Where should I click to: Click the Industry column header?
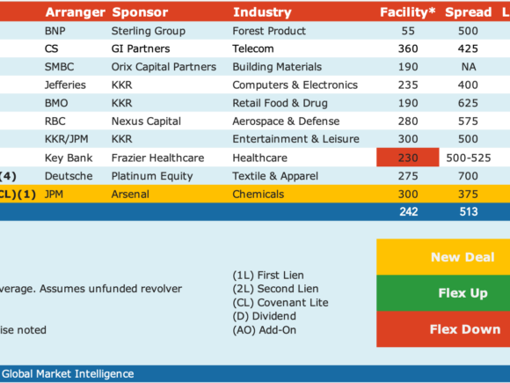click(x=262, y=12)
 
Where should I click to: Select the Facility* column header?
click(x=407, y=12)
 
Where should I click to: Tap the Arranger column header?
click(x=75, y=12)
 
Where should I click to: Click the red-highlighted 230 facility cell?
click(x=408, y=158)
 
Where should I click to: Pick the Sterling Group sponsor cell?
click(x=149, y=31)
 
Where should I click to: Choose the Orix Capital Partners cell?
click(x=164, y=67)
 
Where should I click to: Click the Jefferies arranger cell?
click(x=65, y=85)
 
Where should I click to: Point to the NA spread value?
click(x=469, y=67)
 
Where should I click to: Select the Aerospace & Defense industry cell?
click(x=286, y=122)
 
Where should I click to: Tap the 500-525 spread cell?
click(x=469, y=158)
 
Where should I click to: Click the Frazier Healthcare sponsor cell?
click(x=157, y=158)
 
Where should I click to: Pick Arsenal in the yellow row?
click(x=130, y=194)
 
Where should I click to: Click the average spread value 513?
click(x=469, y=211)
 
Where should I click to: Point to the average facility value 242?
click(x=409, y=211)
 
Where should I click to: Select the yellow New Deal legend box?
click(x=443, y=257)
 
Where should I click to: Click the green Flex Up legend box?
click(x=443, y=293)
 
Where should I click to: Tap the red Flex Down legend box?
click(x=443, y=329)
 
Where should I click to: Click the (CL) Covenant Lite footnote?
click(x=280, y=303)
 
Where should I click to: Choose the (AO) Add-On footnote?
click(x=265, y=330)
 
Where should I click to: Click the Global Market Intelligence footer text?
click(x=68, y=374)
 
